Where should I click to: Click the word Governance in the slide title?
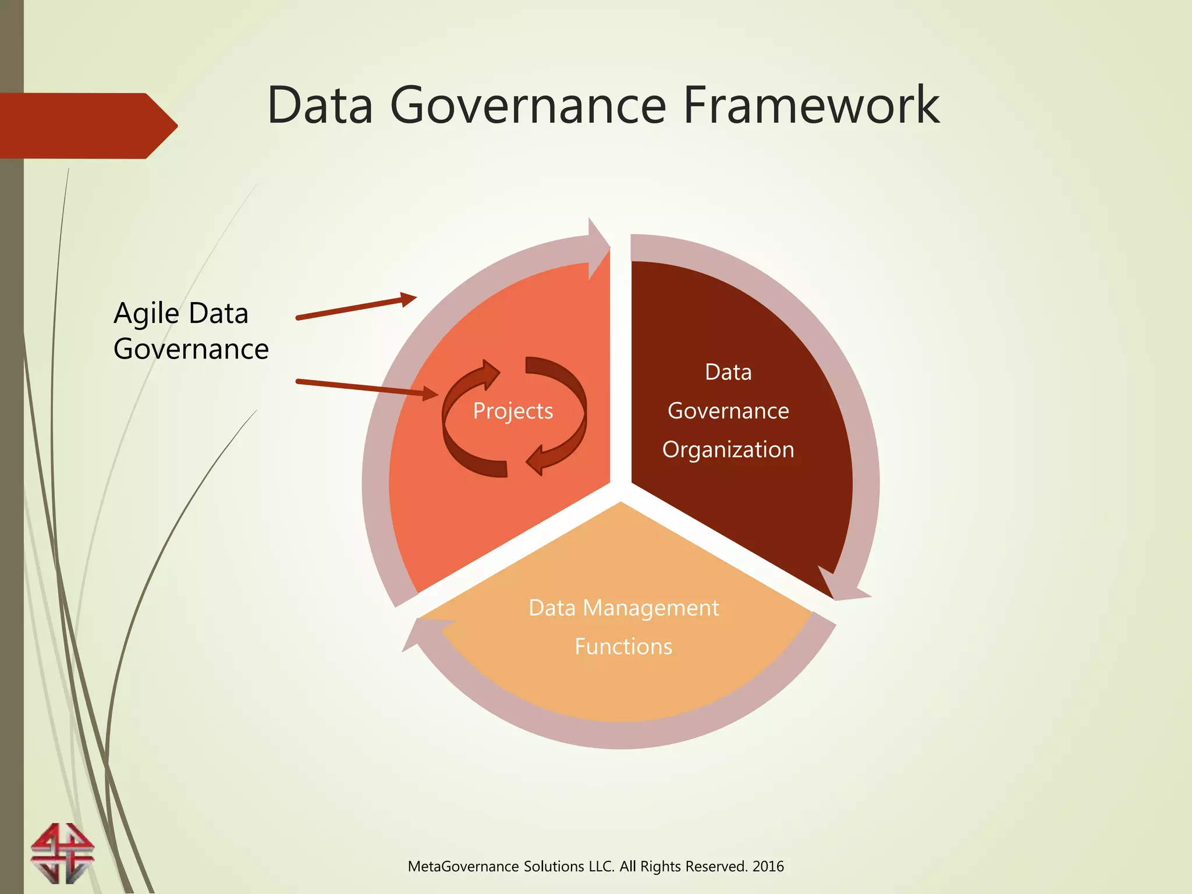click(x=527, y=105)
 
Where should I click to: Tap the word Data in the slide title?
click(x=320, y=105)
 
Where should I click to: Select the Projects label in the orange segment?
click(x=513, y=411)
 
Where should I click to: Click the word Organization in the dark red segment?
click(x=728, y=450)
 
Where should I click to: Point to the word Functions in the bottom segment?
click(x=623, y=647)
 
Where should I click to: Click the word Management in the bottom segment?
click(x=651, y=608)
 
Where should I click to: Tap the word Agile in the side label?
click(x=147, y=314)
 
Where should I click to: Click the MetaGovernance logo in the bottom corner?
click(x=62, y=853)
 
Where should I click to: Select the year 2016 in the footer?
click(x=768, y=867)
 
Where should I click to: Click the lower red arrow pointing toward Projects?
click(x=367, y=388)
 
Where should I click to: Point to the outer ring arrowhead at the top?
click(x=598, y=247)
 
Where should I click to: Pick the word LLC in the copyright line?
click(x=602, y=867)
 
